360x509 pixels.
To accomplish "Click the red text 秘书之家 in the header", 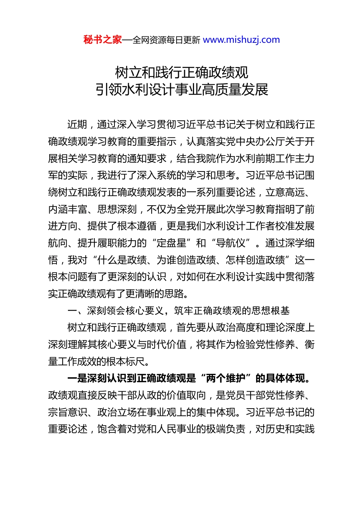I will click(x=103, y=40).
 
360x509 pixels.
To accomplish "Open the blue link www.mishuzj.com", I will click(x=241, y=40).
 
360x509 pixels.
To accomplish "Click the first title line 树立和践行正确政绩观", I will click(x=182, y=72).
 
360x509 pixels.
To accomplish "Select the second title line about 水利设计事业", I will click(x=182, y=90).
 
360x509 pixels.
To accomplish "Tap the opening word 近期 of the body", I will click(x=77, y=125).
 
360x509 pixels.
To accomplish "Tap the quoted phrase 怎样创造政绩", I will click(x=255, y=260).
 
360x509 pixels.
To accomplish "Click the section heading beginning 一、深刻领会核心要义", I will click(x=178, y=311).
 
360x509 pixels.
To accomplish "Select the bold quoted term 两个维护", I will click(x=226, y=378).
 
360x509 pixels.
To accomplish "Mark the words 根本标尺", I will click(x=127, y=362).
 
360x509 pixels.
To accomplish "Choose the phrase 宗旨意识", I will click(x=68, y=412).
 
